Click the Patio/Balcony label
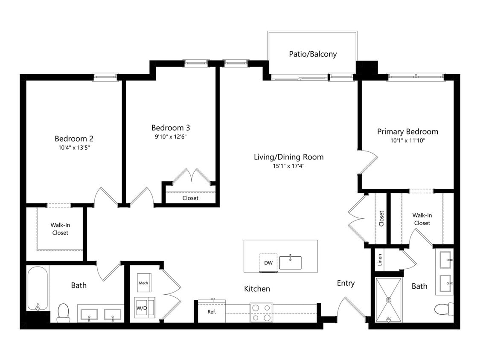tap(313, 54)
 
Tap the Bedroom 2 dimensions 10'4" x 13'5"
tap(74, 148)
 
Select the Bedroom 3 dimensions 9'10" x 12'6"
tap(171, 137)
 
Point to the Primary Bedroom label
tap(407, 132)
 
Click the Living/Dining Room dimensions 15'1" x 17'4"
tap(289, 166)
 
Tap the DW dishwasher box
tap(268, 262)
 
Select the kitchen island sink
tap(290, 262)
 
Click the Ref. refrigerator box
tap(212, 311)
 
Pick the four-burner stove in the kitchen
tap(261, 313)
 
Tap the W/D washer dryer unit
tap(145, 308)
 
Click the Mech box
tap(143, 282)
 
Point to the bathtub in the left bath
tap(38, 288)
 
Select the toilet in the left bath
tap(64, 313)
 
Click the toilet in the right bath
tap(444, 309)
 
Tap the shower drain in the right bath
tap(389, 300)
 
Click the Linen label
tap(380, 260)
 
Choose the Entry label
tap(346, 283)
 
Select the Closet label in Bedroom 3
tap(190, 198)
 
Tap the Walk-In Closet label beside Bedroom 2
tap(60, 229)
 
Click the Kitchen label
tap(257, 289)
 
